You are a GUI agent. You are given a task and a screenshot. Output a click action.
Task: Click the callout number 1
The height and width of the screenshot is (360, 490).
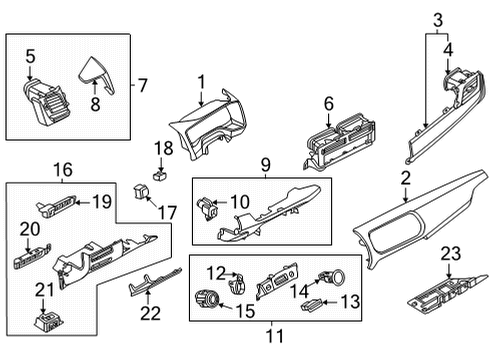coord(200,81)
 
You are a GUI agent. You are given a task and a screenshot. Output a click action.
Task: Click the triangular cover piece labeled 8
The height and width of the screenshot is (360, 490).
coord(94,74)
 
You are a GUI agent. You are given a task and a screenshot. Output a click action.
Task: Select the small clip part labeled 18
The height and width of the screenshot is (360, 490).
coord(157,171)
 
